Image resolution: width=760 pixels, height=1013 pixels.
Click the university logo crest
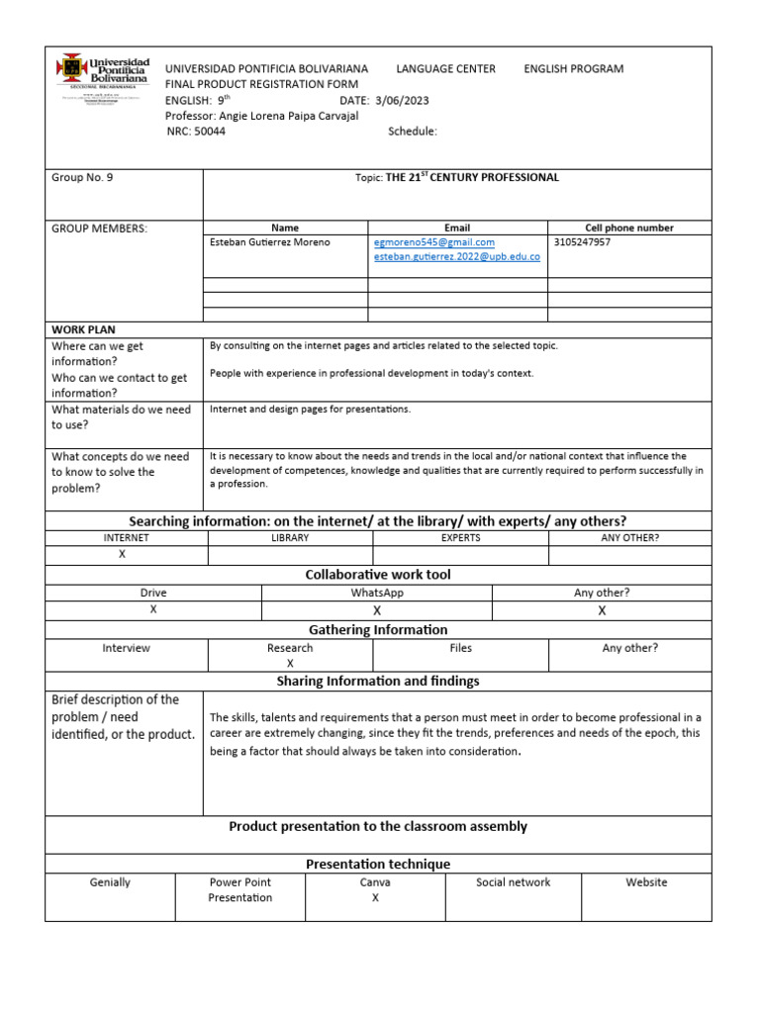point(72,67)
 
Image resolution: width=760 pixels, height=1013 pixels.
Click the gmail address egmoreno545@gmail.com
point(434,241)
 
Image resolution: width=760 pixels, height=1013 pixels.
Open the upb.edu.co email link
point(456,257)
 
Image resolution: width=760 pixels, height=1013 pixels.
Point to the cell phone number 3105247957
point(583,241)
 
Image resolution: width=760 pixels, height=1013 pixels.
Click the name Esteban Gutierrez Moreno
point(270,241)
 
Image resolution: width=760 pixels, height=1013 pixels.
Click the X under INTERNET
point(122,554)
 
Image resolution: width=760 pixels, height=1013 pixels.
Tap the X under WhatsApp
point(376,610)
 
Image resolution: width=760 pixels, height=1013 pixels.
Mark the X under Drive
point(153,609)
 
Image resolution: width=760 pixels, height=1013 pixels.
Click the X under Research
point(290,663)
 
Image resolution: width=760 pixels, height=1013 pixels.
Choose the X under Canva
point(375,898)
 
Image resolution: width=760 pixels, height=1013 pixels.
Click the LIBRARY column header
point(290,537)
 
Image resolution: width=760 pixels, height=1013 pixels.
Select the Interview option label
point(127,648)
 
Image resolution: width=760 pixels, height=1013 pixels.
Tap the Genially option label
point(110,882)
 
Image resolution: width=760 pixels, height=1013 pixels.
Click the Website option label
point(646,882)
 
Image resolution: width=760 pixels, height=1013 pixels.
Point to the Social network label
point(513,882)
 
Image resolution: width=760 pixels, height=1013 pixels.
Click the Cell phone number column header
point(629,228)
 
